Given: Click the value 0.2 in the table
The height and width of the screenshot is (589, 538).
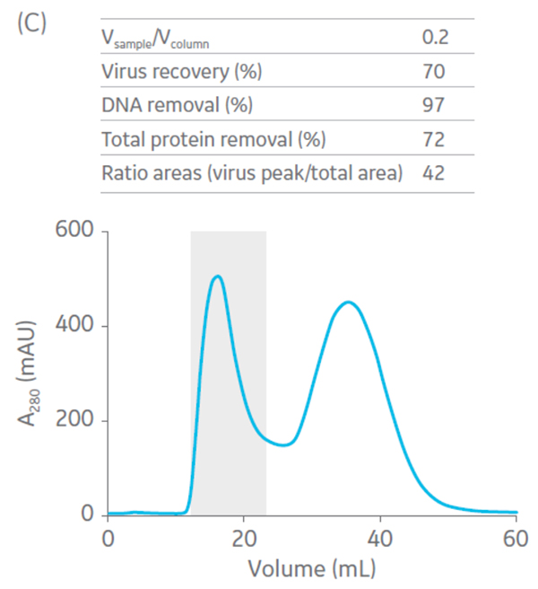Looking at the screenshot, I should (x=435, y=38).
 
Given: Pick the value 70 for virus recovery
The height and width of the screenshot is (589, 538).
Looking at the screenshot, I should (x=434, y=71).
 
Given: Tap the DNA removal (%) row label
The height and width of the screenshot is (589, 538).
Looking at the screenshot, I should (x=177, y=105).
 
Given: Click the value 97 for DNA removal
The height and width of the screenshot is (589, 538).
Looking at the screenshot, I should (x=434, y=105).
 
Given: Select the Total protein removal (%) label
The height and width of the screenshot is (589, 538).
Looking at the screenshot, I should (x=213, y=139).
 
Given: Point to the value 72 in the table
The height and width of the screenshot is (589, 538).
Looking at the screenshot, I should (x=434, y=139).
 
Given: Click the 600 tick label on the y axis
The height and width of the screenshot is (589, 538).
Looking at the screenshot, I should (x=74, y=232).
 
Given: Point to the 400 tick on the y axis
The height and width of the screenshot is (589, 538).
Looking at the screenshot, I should (x=74, y=326).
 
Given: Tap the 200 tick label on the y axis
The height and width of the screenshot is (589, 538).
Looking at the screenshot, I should (x=74, y=420).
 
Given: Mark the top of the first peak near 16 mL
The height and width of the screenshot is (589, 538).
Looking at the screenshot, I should (x=217, y=277).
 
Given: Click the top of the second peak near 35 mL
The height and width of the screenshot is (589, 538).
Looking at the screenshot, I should (x=348, y=303).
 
